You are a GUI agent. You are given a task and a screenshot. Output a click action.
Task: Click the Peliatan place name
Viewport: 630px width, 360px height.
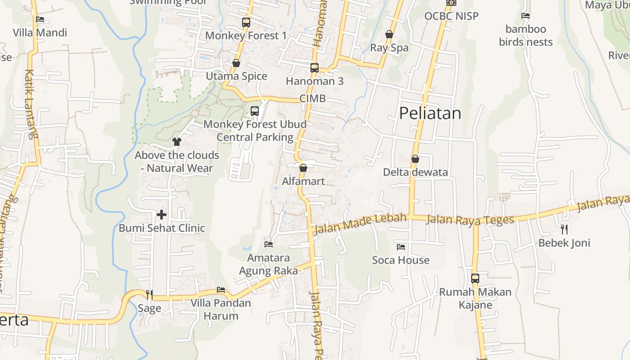point(430,113)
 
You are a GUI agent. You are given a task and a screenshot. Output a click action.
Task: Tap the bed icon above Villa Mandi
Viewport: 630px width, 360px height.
point(40,19)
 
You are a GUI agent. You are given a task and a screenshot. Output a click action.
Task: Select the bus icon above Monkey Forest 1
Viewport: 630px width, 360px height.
point(246,22)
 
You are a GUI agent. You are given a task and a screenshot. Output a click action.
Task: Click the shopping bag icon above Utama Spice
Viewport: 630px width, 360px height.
point(236,63)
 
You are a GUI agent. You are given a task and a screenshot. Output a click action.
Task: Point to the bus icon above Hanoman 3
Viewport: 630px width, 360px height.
point(315,68)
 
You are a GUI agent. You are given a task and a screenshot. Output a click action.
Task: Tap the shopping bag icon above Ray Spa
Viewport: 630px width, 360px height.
point(389,34)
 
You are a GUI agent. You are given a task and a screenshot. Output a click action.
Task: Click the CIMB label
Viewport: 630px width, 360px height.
point(312,99)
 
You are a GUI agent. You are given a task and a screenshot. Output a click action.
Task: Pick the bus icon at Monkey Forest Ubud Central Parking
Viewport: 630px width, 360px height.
point(255,111)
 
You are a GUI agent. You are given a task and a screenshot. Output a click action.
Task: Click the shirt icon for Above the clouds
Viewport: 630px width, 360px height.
point(176,142)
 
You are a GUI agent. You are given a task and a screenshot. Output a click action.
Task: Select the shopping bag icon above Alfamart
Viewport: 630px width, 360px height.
point(303,168)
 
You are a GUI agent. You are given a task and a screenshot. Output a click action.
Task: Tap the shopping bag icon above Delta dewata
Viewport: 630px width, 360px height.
point(415,159)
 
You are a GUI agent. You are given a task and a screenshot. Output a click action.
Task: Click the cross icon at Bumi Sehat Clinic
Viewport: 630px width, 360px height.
point(161,215)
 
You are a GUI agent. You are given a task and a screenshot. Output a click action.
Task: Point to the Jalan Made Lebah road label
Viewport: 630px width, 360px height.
point(360,224)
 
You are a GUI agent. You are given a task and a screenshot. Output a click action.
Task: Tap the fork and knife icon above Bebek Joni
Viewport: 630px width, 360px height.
point(564,229)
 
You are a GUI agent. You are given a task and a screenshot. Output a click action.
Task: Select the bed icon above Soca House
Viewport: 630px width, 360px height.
point(401,247)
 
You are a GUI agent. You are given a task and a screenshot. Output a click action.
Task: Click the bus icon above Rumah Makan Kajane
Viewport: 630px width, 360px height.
point(475,278)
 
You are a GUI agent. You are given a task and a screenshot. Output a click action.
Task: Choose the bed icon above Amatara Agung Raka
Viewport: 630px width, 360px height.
point(269,244)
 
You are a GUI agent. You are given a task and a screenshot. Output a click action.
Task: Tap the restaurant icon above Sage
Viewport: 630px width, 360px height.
point(149,295)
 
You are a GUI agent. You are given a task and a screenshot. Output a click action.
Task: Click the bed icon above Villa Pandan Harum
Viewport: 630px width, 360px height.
point(221,289)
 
